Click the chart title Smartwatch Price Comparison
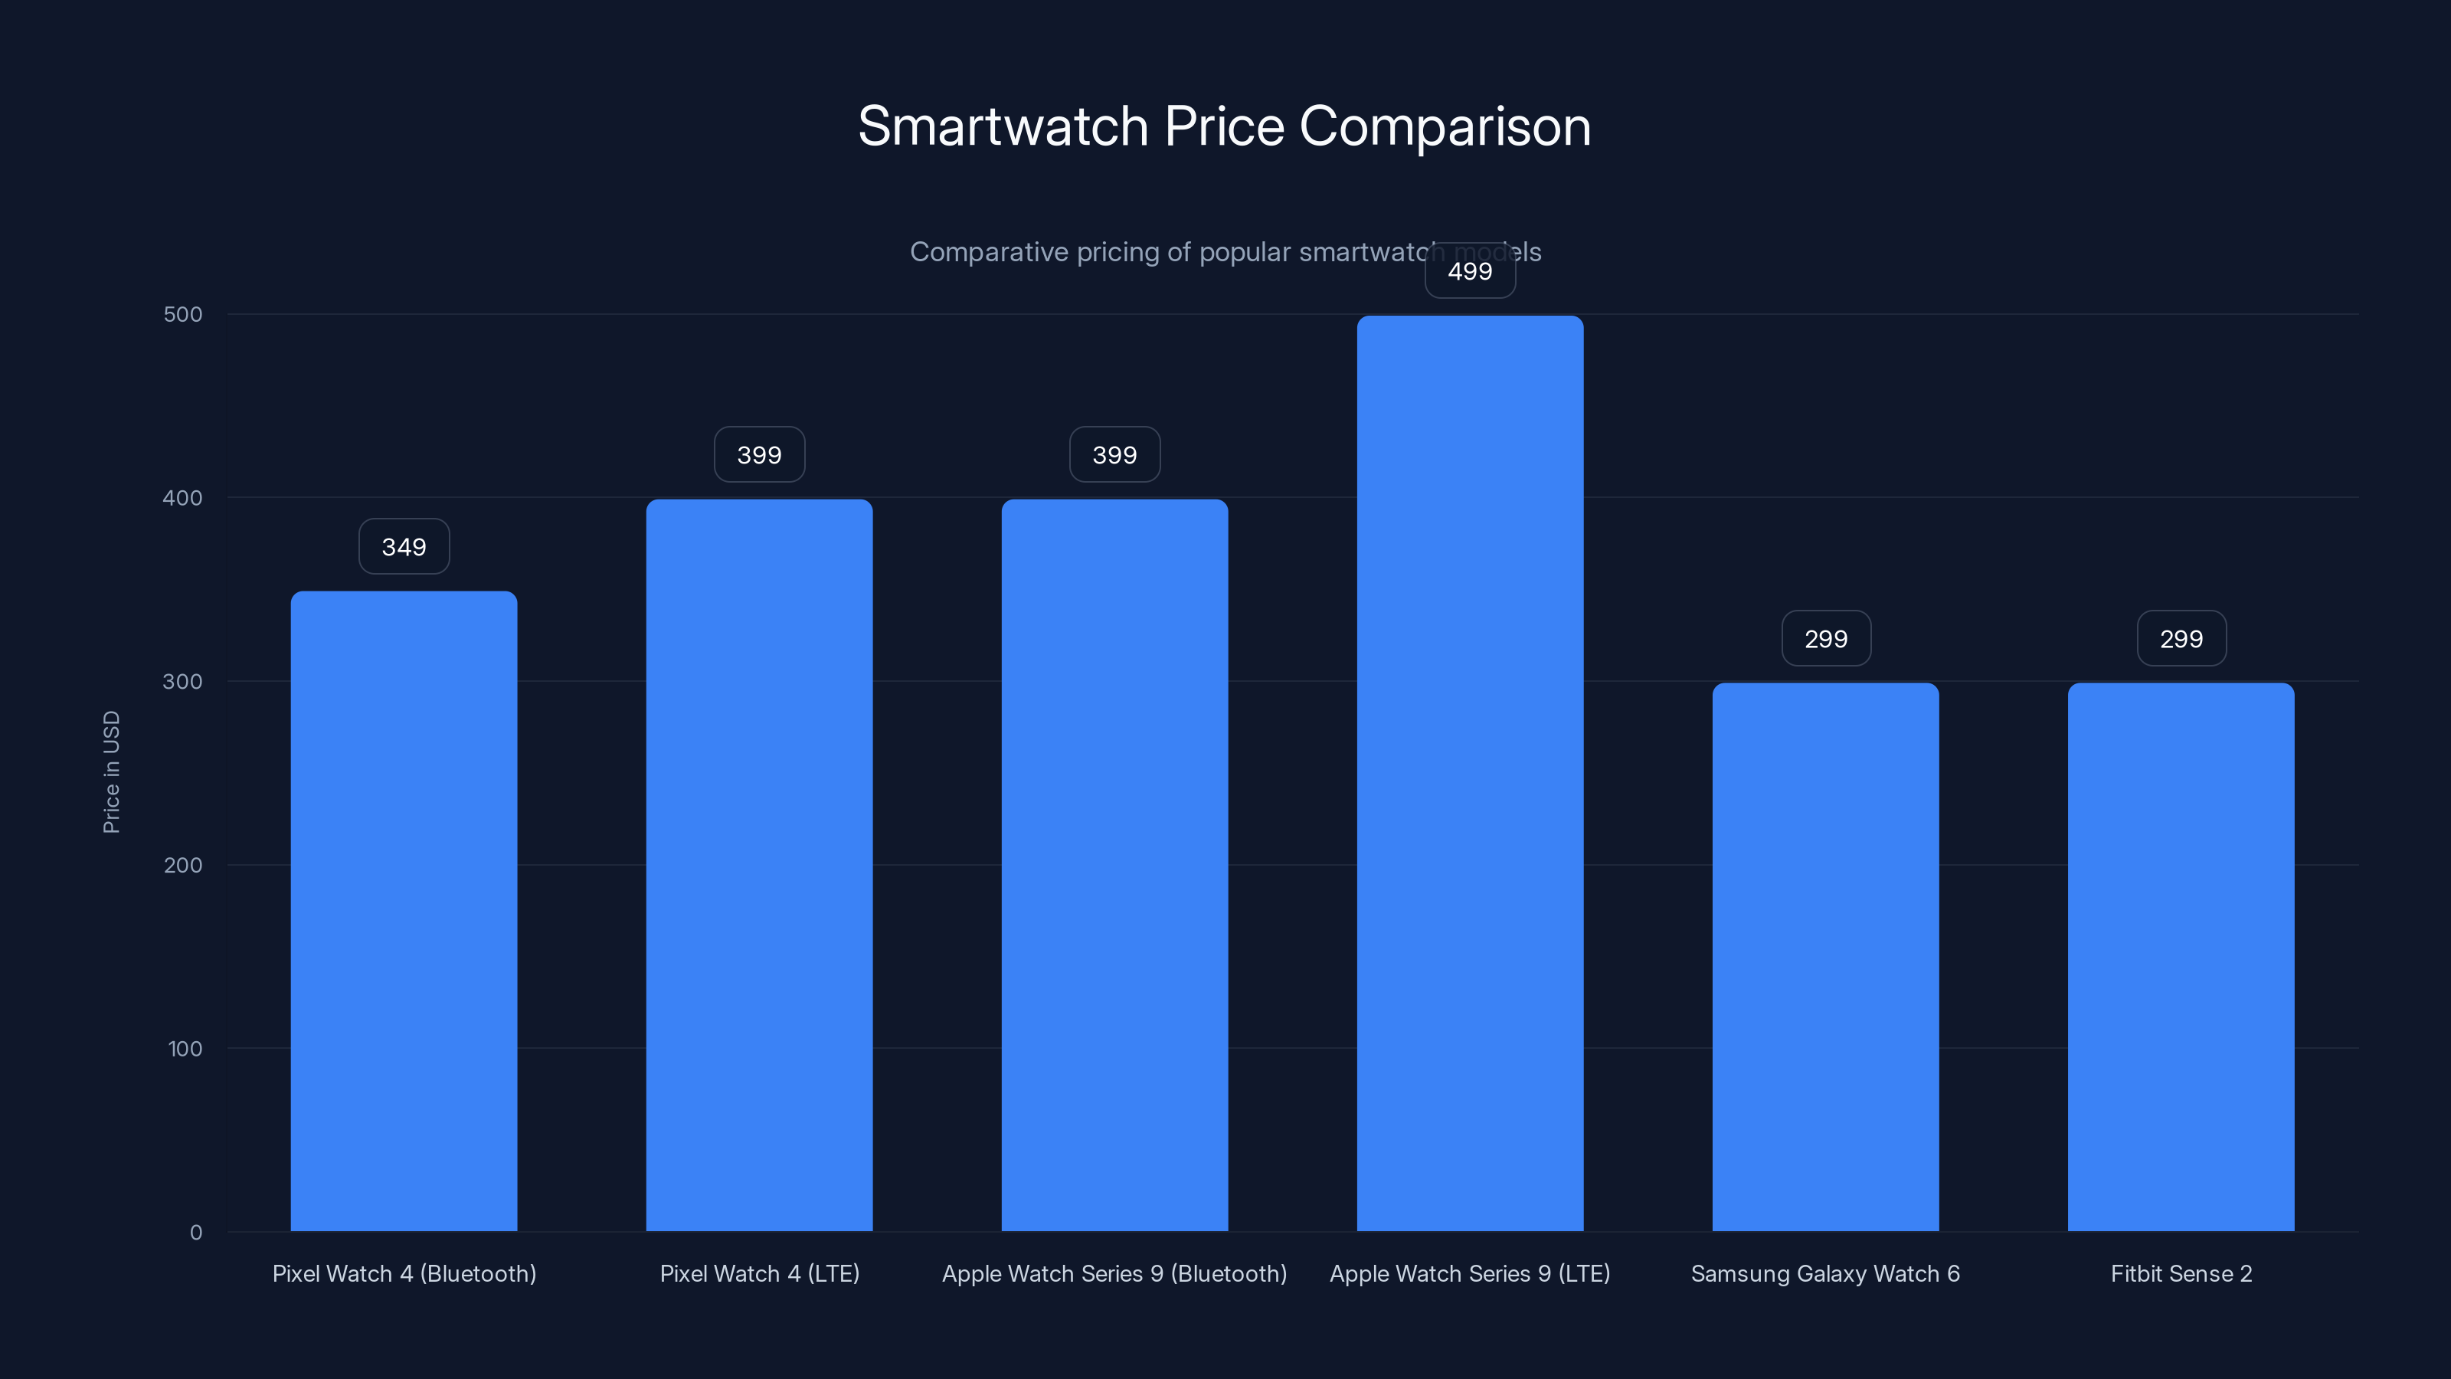click(x=1224, y=126)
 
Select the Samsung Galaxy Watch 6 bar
click(x=1825, y=956)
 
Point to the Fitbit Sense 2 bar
click(x=2181, y=956)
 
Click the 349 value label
click(x=404, y=547)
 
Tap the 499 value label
click(x=1470, y=272)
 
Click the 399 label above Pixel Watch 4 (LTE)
click(x=759, y=455)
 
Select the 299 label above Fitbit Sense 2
click(x=2181, y=639)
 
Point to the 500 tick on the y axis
click(x=183, y=314)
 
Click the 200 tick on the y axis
click(x=183, y=865)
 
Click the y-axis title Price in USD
click(x=111, y=771)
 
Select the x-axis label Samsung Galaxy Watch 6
click(x=1825, y=1273)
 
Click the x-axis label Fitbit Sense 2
click(x=2181, y=1273)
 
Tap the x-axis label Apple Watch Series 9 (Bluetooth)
click(x=1114, y=1273)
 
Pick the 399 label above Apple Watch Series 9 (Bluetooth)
click(x=1114, y=455)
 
